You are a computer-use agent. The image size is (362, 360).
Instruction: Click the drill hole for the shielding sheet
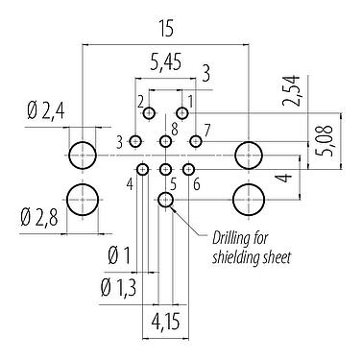(166, 200)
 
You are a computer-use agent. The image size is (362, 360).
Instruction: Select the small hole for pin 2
(149, 114)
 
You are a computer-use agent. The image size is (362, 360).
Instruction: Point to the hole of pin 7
(196, 142)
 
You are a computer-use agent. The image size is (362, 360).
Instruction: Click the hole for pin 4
(142, 170)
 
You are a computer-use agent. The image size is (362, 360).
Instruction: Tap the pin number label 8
(174, 128)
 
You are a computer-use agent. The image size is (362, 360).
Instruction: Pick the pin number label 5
(171, 182)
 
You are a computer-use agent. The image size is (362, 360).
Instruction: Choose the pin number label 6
(197, 183)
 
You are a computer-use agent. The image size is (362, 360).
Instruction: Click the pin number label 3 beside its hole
(120, 142)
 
